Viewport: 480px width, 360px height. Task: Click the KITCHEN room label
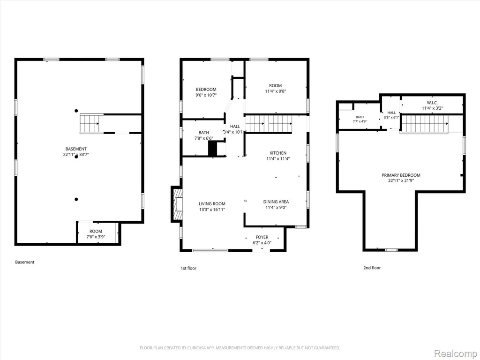[x=278, y=153]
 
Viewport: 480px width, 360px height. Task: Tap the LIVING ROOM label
[x=212, y=204]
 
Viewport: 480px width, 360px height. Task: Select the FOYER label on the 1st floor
[x=262, y=237]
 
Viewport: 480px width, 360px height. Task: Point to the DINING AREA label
[x=276, y=202]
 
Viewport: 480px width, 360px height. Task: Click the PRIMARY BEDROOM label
[x=401, y=175]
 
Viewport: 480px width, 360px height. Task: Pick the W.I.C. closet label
[x=432, y=103]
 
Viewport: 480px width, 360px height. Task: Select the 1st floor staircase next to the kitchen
[x=269, y=124]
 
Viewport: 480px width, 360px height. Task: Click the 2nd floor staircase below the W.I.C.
[x=425, y=124]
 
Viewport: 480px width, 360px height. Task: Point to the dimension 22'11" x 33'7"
[x=76, y=155]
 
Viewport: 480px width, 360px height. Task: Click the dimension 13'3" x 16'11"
[x=212, y=210]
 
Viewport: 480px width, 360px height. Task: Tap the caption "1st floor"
[x=188, y=268]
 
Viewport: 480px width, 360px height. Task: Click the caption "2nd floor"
[x=372, y=268]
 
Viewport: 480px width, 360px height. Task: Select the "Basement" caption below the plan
[x=25, y=262]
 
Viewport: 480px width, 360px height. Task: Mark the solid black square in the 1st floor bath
[x=212, y=149]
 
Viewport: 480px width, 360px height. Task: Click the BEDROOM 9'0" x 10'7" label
[x=206, y=92]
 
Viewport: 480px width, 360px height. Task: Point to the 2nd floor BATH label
[x=360, y=117]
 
